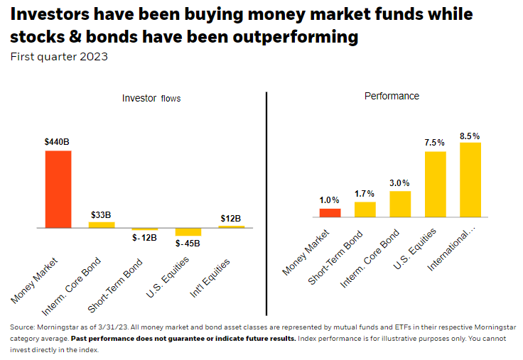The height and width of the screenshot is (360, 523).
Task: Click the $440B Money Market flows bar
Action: click(x=58, y=189)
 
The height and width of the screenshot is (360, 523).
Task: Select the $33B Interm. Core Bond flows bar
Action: click(x=102, y=225)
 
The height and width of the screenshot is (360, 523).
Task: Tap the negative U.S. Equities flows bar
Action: click(x=188, y=231)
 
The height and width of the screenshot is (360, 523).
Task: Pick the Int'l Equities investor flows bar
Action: click(x=231, y=227)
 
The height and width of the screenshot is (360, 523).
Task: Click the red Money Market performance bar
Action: click(x=330, y=212)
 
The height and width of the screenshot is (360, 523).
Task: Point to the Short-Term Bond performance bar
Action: click(x=365, y=209)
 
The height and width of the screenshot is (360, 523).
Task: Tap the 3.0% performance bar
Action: click(x=400, y=203)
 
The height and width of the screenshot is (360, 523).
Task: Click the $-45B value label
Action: click(x=188, y=244)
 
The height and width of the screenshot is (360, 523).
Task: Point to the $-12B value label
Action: click(x=144, y=237)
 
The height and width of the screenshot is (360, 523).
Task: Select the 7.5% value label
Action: click(x=435, y=143)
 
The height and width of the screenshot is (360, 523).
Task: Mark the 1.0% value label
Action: click(x=330, y=200)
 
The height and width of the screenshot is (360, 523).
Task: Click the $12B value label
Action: click(x=231, y=218)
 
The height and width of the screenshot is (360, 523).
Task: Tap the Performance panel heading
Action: click(x=392, y=96)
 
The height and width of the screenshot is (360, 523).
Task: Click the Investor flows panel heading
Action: click(x=151, y=99)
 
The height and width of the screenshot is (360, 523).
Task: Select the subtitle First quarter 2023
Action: click(x=58, y=57)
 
